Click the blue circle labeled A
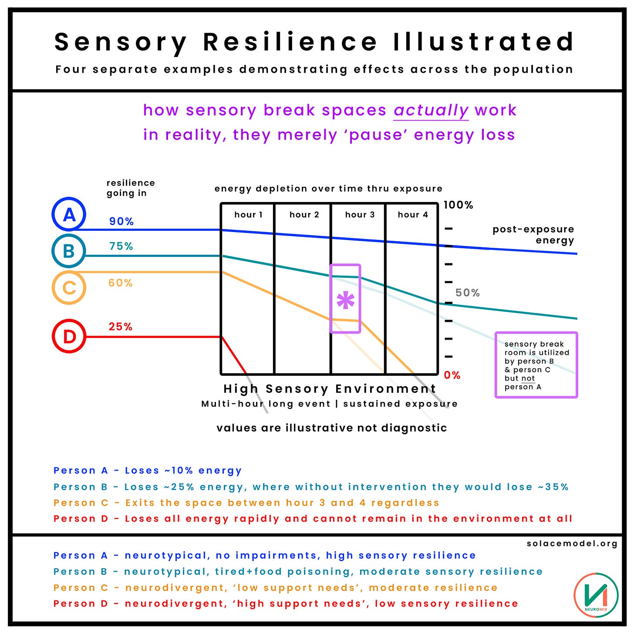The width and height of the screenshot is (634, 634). click(x=69, y=214)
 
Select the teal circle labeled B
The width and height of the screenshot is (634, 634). click(x=68, y=251)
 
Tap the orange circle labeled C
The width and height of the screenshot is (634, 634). click(x=69, y=287)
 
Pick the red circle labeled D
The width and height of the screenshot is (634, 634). click(x=69, y=336)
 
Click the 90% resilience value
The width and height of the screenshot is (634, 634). click(x=121, y=221)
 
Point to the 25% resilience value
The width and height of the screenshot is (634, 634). click(x=120, y=327)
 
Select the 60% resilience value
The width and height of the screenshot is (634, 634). click(x=120, y=283)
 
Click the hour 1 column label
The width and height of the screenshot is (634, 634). click(x=248, y=214)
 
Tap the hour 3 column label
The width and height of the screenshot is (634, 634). click(x=360, y=214)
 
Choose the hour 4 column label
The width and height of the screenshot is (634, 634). click(x=412, y=214)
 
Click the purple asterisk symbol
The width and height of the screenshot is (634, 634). click(x=345, y=300)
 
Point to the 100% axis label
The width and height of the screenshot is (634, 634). click(x=458, y=205)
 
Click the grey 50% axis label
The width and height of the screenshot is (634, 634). click(x=467, y=293)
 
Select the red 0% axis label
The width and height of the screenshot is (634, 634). click(x=452, y=375)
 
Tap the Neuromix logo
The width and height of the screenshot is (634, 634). click(x=596, y=594)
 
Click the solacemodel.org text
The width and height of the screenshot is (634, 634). click(x=572, y=543)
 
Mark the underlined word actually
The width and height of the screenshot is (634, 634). click(x=431, y=111)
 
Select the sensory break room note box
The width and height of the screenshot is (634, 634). click(x=536, y=365)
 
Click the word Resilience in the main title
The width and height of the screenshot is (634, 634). click(x=290, y=42)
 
